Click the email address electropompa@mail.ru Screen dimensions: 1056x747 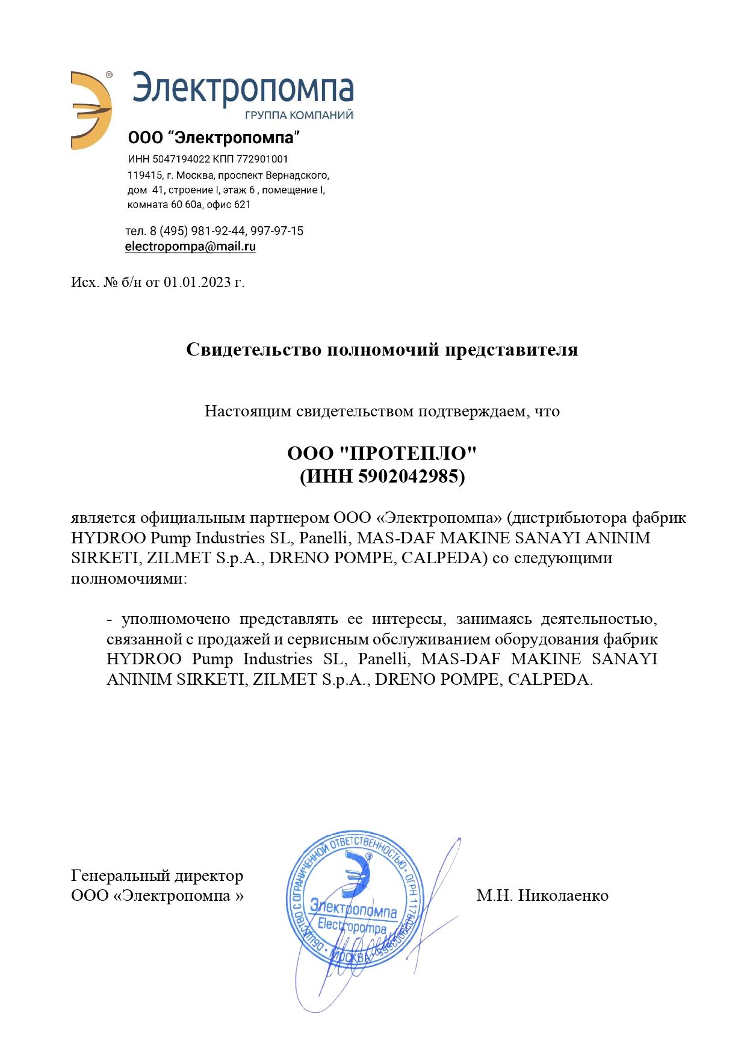[190, 247]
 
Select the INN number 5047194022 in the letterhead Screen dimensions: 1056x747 [181, 159]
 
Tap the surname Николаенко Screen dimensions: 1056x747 [563, 895]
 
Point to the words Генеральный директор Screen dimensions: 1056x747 [157, 875]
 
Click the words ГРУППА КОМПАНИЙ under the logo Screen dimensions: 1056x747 [299, 115]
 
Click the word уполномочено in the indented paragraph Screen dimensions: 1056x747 [176, 619]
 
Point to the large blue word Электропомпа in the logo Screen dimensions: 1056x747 [243, 89]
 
